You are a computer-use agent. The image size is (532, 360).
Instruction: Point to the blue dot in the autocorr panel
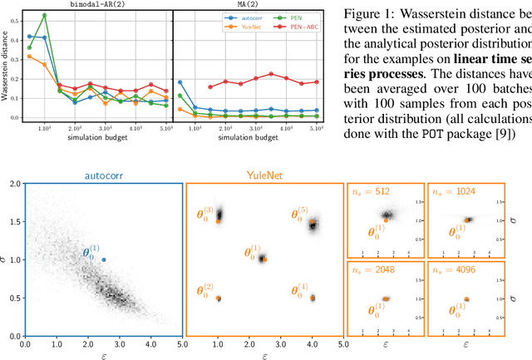104,259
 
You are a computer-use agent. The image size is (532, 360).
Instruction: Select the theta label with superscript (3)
204,214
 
